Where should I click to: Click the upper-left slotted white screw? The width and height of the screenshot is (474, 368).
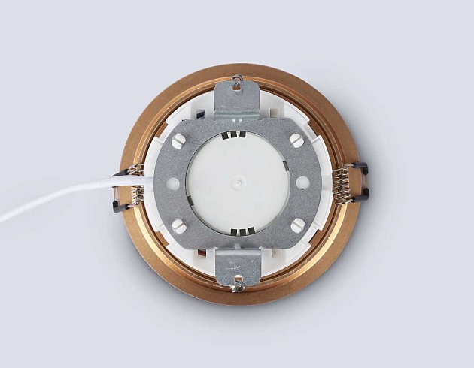(x=178, y=140)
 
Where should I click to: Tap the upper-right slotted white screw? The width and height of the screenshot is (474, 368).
(x=296, y=139)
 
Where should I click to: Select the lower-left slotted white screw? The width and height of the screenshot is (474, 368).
(x=178, y=225)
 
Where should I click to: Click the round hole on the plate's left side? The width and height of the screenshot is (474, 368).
(x=173, y=182)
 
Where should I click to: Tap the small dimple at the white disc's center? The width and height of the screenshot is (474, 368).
(x=238, y=182)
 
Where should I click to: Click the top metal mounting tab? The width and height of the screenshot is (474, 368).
(x=237, y=98)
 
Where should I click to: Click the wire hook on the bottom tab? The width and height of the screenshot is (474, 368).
(x=238, y=284)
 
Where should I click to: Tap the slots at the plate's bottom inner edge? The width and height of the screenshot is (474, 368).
(x=238, y=231)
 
